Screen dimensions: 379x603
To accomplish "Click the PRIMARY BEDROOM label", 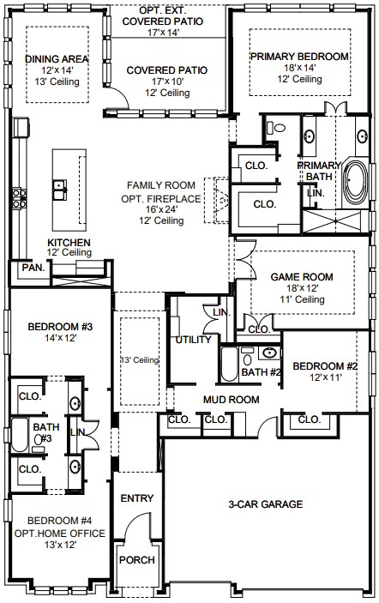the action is click(x=299, y=57).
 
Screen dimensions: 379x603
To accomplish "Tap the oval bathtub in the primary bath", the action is click(x=356, y=182).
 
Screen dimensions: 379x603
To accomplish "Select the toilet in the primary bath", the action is click(x=276, y=128).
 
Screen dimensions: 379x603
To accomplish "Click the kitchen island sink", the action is click(x=60, y=190).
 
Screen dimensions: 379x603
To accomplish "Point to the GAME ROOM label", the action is click(x=302, y=277).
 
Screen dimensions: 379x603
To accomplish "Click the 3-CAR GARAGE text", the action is click(x=266, y=504).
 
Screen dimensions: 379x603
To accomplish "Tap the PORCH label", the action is click(x=137, y=560).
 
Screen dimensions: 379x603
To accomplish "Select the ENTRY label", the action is click(x=137, y=498).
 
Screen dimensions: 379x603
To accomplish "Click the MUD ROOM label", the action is click(x=231, y=400).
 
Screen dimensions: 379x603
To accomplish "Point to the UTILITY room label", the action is click(x=193, y=340).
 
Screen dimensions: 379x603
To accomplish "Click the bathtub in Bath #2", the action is click(x=230, y=365).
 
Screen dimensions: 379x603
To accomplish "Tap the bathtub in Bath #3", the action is click(x=20, y=435).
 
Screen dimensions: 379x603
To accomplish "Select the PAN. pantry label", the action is click(x=33, y=268).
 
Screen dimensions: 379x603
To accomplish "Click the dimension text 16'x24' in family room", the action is click(x=161, y=209).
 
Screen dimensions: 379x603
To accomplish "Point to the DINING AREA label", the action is click(x=57, y=59).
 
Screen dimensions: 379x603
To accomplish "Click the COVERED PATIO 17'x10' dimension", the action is click(x=167, y=81).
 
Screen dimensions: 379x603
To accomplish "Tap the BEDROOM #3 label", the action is click(x=60, y=327).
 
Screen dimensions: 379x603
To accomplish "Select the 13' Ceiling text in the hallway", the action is click(x=140, y=360).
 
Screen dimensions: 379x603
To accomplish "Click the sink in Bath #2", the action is click(x=270, y=353).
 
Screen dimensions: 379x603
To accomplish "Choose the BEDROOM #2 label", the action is click(x=325, y=366).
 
